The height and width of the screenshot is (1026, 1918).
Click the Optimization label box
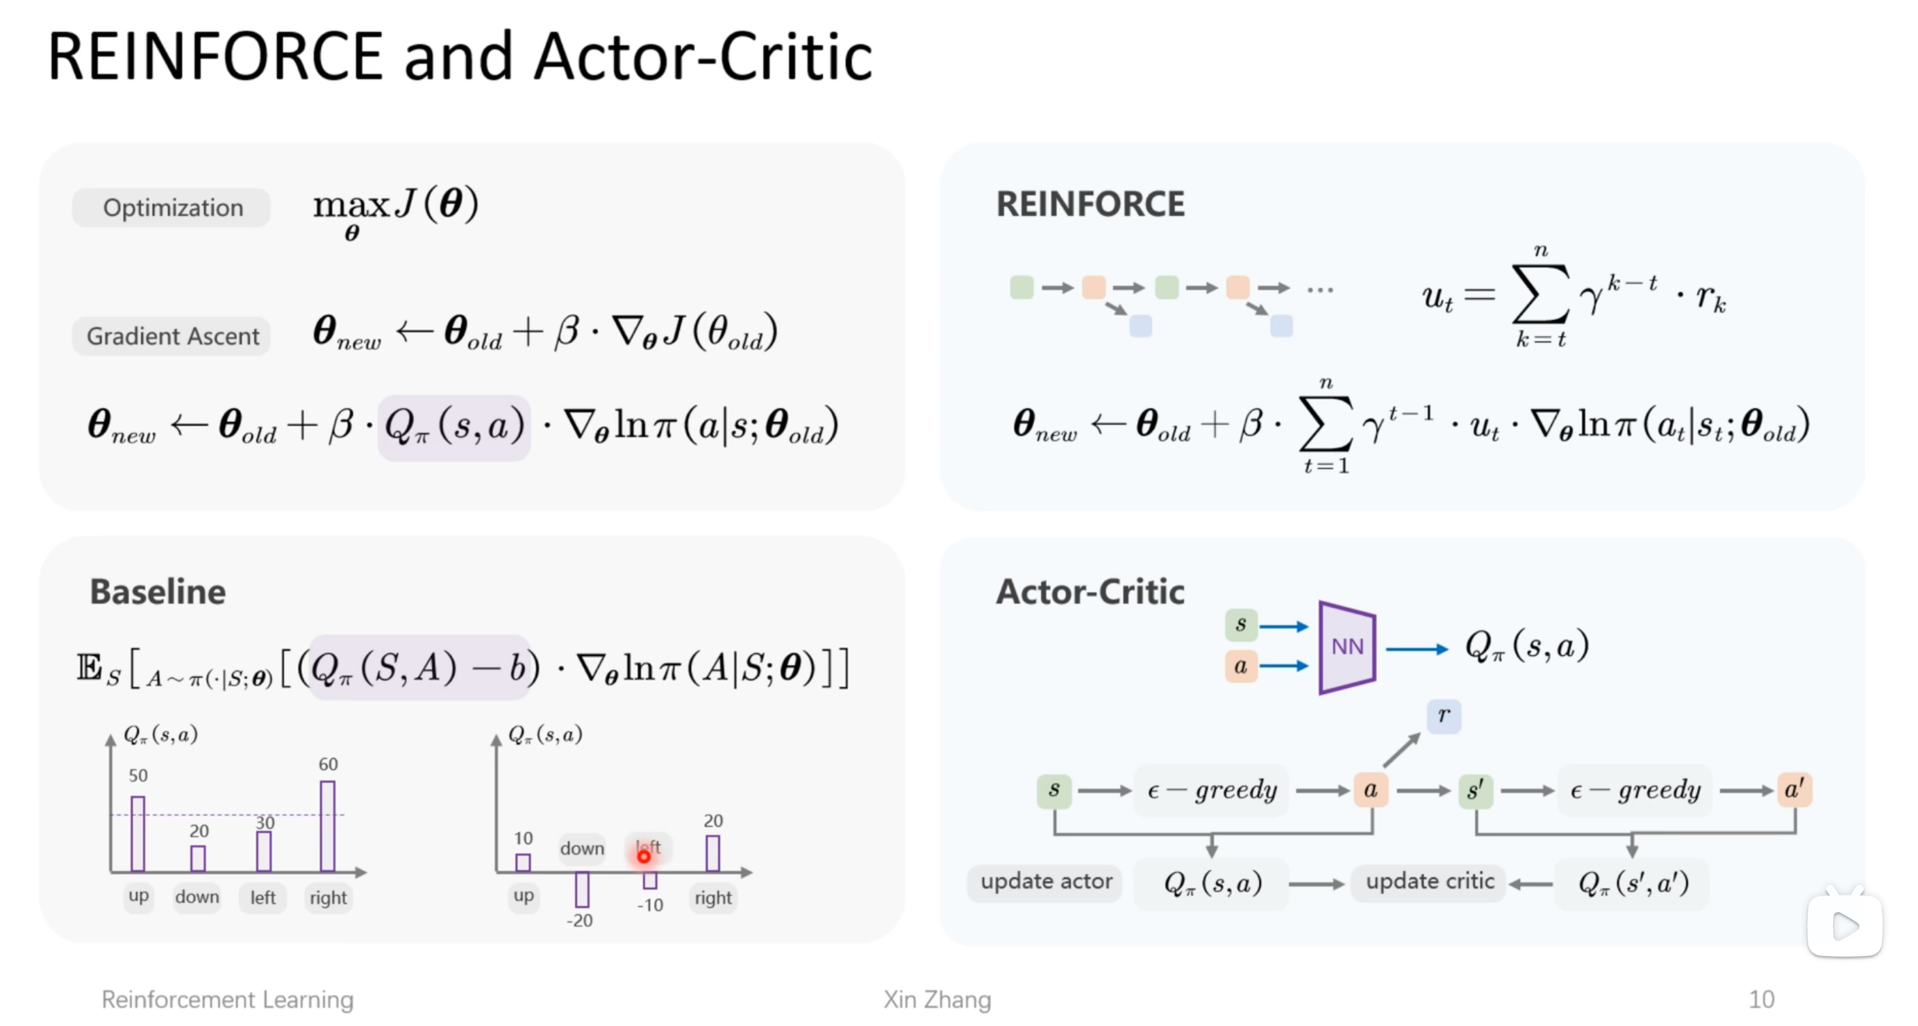(172, 208)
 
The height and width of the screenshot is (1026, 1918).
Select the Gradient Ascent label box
(172, 336)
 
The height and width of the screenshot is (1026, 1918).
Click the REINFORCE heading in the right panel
(1090, 204)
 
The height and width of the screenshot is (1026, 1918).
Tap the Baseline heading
(157, 592)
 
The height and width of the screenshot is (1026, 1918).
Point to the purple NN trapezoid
(1346, 647)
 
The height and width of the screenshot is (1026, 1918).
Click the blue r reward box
(1443, 716)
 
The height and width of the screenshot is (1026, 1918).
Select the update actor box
(1045, 882)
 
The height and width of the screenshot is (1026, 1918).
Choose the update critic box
(1429, 882)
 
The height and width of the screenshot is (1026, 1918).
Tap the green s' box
(1475, 789)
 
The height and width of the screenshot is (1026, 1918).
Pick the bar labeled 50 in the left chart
(137, 833)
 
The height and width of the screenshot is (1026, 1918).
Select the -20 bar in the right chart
(581, 889)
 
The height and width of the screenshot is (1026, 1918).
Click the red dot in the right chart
(643, 857)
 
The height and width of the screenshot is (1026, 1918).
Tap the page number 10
(1761, 999)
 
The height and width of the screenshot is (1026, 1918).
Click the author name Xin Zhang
(937, 999)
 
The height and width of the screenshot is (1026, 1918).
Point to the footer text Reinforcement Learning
(227, 999)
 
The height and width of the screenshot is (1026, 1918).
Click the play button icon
(1844, 926)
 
